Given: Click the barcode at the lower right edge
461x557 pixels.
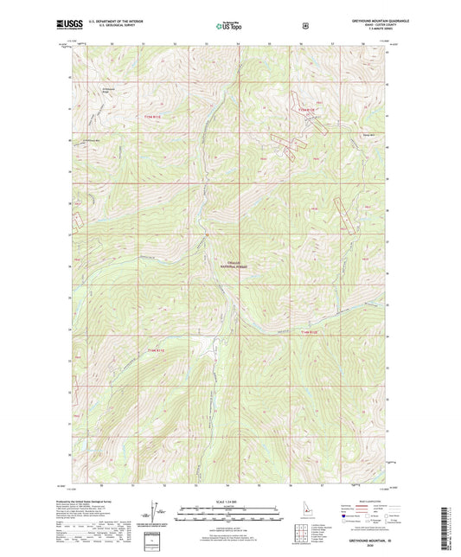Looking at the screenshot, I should coord(449,522).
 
